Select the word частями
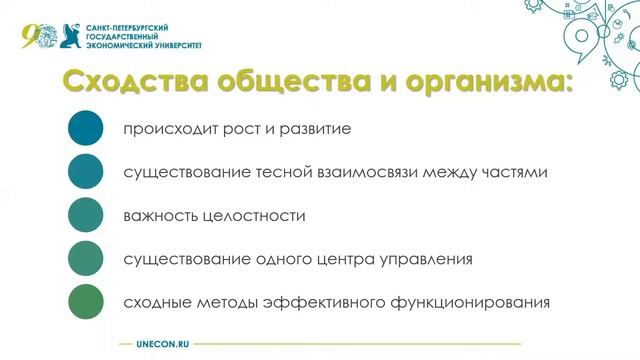coord(512,173)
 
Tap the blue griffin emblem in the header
coord(72,35)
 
